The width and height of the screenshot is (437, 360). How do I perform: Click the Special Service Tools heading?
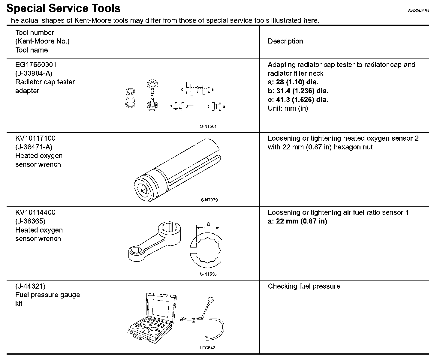[x=63, y=8]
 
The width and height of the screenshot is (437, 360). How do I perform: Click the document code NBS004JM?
[x=418, y=10]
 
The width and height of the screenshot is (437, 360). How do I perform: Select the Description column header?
[x=285, y=41]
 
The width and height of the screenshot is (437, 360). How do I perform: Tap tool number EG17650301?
[x=36, y=64]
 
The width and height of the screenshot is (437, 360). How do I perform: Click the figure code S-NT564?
[x=208, y=126]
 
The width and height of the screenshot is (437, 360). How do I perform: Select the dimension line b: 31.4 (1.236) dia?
[x=298, y=91]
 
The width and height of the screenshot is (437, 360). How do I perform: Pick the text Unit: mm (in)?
[x=288, y=108]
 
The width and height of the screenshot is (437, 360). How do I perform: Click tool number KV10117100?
[x=35, y=138]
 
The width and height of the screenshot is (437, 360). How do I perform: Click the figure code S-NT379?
[x=209, y=200]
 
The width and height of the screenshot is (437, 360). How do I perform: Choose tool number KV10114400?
[x=35, y=212]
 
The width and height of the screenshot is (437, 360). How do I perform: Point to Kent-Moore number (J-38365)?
[x=30, y=221]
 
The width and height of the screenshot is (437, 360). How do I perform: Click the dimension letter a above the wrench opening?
[x=208, y=224]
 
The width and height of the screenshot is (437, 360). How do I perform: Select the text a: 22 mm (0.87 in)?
[x=297, y=221]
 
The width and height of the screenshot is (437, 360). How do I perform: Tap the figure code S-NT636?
[x=208, y=274]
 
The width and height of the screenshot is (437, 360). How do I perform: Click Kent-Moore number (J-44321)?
[x=30, y=286]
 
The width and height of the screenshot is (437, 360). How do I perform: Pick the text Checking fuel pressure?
[x=304, y=286]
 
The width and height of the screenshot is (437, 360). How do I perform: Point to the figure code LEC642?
[x=207, y=348]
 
